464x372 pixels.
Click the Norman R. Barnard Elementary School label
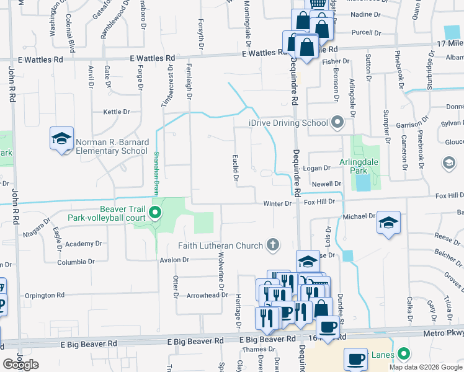coord(112,146)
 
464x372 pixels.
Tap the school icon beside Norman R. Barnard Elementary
coord(62,139)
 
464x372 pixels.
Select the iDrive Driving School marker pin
coord(337,122)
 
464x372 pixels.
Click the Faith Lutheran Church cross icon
coord(272,245)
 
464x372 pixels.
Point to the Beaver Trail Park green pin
coord(155,214)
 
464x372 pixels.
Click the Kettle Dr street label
coord(117,112)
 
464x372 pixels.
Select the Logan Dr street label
coord(316,168)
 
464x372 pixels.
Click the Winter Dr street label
coord(277,203)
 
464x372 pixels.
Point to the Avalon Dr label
coord(173,260)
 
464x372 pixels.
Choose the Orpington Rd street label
coord(45,295)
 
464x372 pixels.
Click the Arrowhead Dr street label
coord(203,295)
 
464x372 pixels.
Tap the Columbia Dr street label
coord(76,262)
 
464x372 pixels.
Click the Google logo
coord(21,365)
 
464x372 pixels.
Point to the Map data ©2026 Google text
coord(426,367)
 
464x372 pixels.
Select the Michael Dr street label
coord(359,216)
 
